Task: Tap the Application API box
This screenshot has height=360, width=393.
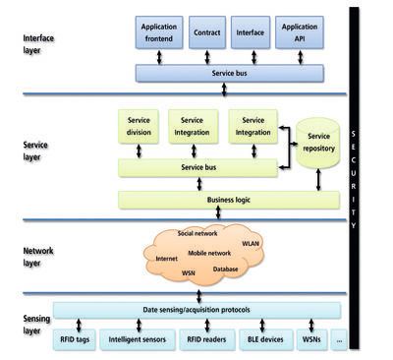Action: (299, 31)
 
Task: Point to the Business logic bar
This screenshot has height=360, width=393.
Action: (228, 200)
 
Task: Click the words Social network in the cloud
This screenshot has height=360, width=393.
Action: (197, 235)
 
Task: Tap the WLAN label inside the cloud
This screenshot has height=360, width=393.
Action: (251, 242)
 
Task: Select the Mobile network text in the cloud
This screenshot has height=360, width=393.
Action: (209, 254)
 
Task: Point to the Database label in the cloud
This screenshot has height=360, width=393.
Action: (225, 269)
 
